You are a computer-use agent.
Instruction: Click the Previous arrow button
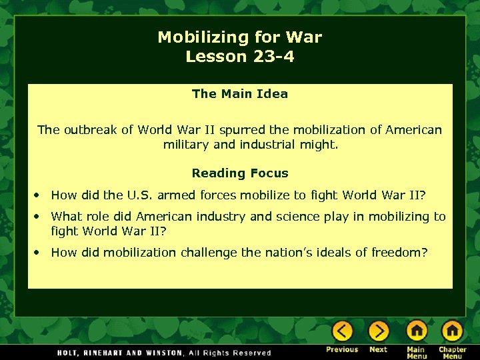click(x=342, y=331)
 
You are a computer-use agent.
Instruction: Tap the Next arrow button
click(x=378, y=331)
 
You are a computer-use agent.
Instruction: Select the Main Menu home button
click(x=416, y=331)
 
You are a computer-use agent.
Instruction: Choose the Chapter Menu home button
click(x=452, y=331)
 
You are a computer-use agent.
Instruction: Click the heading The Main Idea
click(x=240, y=94)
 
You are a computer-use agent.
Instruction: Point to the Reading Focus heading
click(x=240, y=173)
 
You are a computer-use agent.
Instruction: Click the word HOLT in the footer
click(x=70, y=353)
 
